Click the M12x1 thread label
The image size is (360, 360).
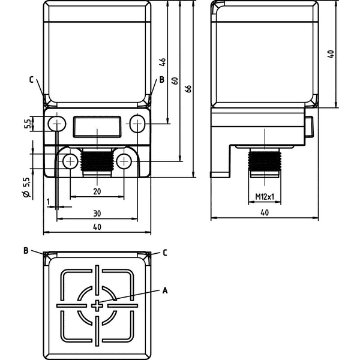coord(265,197)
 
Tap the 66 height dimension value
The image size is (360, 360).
coord(188,89)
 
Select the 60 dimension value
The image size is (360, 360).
coord(175,81)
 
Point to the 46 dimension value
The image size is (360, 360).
coord(163,62)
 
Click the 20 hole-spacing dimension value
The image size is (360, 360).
coord(97,191)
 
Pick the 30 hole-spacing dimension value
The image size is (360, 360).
coord(97,214)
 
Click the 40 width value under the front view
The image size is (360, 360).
coord(97,227)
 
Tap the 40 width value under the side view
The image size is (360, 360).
coord(265,212)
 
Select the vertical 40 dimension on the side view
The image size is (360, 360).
coord(331,54)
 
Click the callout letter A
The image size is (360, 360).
coord(165,290)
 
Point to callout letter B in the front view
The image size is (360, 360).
coord(162,80)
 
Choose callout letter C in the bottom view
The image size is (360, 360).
coord(165,253)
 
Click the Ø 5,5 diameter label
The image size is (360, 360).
coord(27,187)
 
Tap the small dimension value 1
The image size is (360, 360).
coord(48,202)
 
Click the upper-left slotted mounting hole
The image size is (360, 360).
coord(57,124)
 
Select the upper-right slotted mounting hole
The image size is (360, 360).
coord(137,124)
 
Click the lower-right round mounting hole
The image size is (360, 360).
coord(124,161)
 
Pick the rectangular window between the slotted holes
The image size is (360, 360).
coord(97,127)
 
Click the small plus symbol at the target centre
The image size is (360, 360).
coord(97,305)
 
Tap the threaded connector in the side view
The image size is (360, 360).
coord(265,163)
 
